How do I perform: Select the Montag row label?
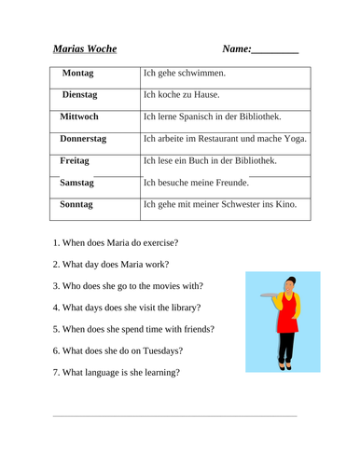coord(83,73)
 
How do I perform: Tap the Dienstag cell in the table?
coord(83,95)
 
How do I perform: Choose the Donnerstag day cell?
coord(83,139)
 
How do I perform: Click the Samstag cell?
coord(80,184)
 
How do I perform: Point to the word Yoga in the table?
coord(293,139)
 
